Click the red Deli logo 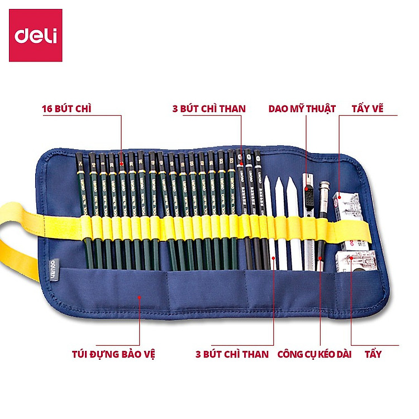click(36, 35)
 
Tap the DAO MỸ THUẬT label click(302, 108)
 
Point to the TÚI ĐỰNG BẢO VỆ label click(113, 354)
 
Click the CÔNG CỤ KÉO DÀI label click(315, 354)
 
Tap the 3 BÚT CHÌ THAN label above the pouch click(209, 108)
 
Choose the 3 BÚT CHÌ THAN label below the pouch click(232, 354)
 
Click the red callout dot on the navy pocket click(139, 298)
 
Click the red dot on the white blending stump click(274, 258)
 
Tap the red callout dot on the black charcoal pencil click(241, 164)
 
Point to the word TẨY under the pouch click(373, 354)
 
